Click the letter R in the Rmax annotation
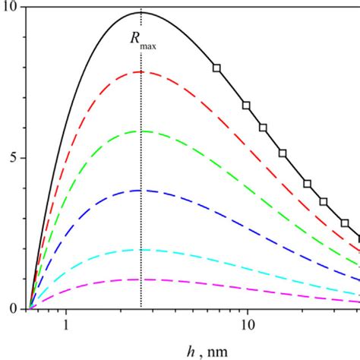pyautogui.click(x=135, y=42)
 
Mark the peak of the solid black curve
pyautogui.click(x=141, y=12)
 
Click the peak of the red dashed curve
pyautogui.click(x=141, y=72)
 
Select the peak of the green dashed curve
pyautogui.click(x=141, y=131)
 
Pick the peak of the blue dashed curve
pyautogui.click(x=141, y=190)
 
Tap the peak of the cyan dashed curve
pyautogui.click(x=141, y=249)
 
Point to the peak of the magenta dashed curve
pyautogui.click(x=141, y=279)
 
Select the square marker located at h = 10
pyautogui.click(x=246, y=105)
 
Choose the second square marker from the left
pyautogui.click(x=246, y=105)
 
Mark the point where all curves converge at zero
pyautogui.click(x=30, y=308)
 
